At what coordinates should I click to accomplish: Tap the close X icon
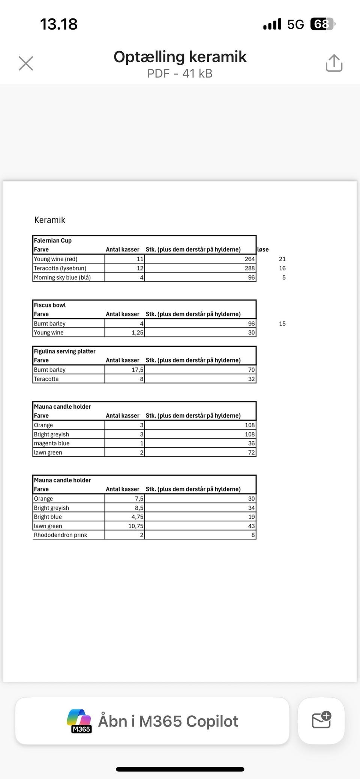click(26, 63)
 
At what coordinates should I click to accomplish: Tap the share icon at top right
click(334, 63)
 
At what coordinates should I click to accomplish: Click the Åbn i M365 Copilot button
click(152, 721)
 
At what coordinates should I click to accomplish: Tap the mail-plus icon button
click(321, 721)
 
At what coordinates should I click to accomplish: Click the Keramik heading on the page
click(50, 220)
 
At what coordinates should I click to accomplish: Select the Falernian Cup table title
click(53, 241)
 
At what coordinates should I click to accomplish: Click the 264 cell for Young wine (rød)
click(250, 259)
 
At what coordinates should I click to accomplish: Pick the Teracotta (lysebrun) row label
click(60, 268)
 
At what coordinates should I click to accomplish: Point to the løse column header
click(263, 250)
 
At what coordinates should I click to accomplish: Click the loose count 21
click(282, 259)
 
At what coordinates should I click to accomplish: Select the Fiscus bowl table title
click(50, 305)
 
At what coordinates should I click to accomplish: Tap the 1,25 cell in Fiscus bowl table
click(137, 333)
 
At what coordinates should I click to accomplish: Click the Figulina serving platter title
click(65, 351)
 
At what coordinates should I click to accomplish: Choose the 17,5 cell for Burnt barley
click(137, 370)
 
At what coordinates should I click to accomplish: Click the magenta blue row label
click(52, 443)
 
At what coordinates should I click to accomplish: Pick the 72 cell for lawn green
click(251, 452)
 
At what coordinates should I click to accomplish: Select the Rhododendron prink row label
click(60, 535)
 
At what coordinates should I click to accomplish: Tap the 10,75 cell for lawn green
click(136, 526)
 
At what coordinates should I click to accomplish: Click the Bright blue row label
click(48, 517)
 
